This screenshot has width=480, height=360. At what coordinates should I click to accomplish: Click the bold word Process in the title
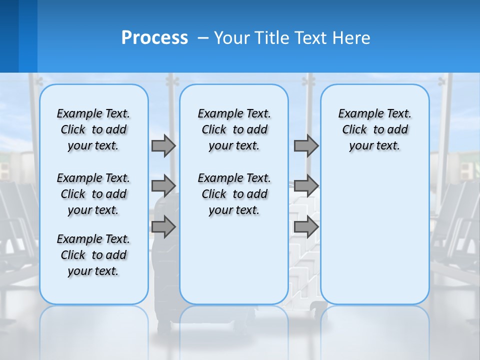(154, 38)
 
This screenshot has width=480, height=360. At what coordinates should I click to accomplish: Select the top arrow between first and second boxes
(163, 145)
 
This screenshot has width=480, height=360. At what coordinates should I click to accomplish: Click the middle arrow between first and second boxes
(163, 185)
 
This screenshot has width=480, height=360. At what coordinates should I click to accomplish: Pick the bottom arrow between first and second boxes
(163, 227)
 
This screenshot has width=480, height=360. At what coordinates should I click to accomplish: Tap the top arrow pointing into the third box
(306, 145)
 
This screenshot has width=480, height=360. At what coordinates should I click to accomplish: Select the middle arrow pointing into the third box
(306, 185)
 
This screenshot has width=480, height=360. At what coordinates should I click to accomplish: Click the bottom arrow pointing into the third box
(306, 227)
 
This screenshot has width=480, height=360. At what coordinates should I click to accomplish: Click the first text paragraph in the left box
(93, 129)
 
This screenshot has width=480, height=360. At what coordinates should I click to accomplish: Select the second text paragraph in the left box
(93, 194)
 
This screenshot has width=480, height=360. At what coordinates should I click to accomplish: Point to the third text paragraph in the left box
(93, 255)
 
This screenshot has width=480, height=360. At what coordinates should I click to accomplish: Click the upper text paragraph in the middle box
(234, 129)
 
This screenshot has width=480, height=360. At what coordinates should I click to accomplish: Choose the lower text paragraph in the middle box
(234, 194)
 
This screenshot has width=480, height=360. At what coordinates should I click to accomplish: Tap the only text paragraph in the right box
(374, 129)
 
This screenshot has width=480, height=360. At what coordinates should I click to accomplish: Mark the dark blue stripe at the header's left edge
(9, 36)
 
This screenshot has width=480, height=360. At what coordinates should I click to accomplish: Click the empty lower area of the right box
(374, 240)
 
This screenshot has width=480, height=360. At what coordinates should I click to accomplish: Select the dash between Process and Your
(203, 38)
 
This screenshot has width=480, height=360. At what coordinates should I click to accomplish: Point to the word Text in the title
(311, 38)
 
